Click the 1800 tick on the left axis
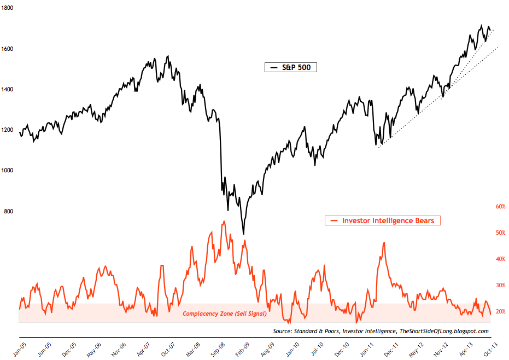pos(9,8)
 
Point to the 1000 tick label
pos(9,171)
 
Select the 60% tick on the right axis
pos(500,207)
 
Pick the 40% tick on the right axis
pos(500,259)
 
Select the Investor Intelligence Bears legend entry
pos(383,220)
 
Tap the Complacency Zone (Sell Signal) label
pos(225,314)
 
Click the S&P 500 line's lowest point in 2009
pos(243,234)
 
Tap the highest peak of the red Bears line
pos(224,222)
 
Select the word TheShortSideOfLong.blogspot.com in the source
pos(444,332)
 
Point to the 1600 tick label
pos(9,49)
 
